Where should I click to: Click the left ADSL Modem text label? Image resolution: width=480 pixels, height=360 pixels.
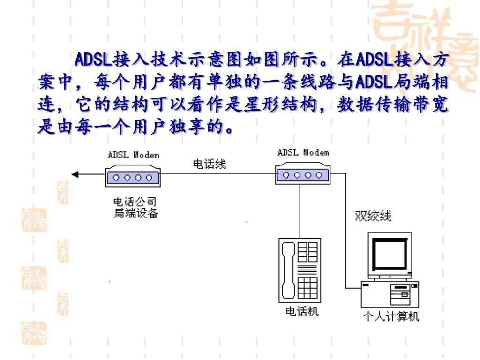tap(134, 155)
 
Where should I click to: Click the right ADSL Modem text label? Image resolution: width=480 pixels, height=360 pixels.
tap(303, 153)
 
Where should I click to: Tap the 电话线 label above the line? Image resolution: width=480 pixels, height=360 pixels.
tap(210, 164)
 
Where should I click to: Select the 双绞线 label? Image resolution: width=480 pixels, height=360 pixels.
tap(373, 217)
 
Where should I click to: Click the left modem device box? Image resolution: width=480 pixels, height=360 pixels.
tap(133, 177)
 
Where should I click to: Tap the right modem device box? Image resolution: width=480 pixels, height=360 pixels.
tap(302, 174)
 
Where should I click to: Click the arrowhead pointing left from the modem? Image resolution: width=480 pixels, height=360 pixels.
tap(75, 175)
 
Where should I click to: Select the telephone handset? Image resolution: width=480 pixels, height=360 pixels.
tap(287, 270)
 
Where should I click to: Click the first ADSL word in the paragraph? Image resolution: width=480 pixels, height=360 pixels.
tap(93, 60)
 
